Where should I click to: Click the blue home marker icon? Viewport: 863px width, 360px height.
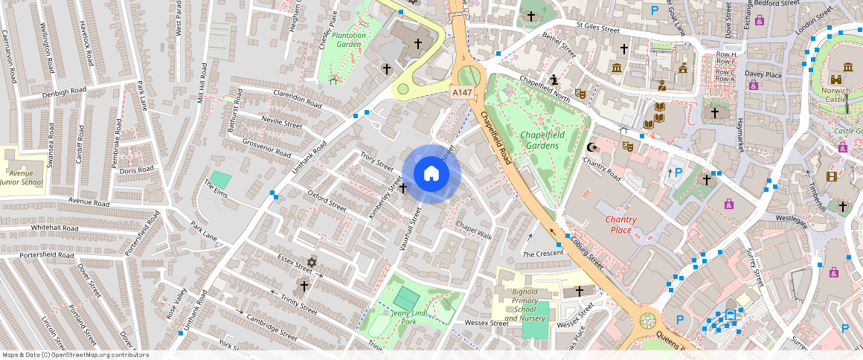tap(431, 174)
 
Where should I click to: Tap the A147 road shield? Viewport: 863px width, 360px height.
tap(461, 92)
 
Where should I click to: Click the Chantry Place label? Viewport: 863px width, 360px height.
tap(620, 225)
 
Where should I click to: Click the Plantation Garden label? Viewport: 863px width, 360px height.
tap(349, 39)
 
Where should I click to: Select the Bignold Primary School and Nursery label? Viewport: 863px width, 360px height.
tap(524, 305)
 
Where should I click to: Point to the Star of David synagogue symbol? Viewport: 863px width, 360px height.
tap(311, 263)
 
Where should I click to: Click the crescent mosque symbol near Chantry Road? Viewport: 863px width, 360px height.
tap(592, 147)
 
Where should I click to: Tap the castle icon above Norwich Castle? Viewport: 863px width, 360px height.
tap(837, 78)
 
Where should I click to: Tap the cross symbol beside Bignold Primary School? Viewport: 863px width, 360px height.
tap(580, 291)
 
